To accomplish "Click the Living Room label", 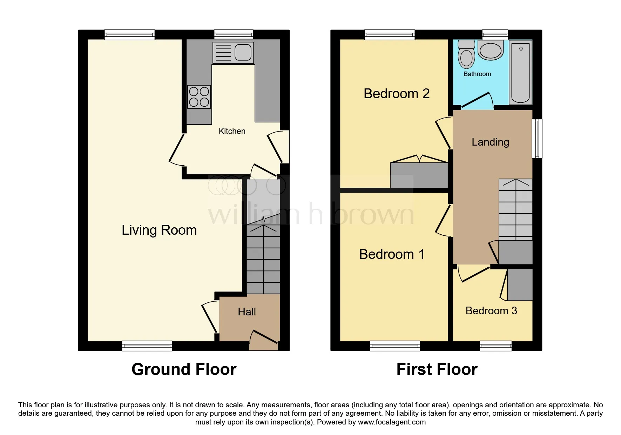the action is tap(159, 230).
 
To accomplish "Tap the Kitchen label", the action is tap(232, 131).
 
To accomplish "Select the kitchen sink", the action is tap(233, 53).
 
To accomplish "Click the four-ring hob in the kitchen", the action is tap(199, 97).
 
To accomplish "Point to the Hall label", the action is tap(247, 312).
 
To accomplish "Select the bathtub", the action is tap(521, 72).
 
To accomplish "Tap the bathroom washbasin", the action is tap(491, 50).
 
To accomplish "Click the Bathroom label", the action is tap(477, 74).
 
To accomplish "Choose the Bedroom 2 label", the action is tap(397, 94).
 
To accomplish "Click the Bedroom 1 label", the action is tap(392, 254).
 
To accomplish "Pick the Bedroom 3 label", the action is tap(491, 311).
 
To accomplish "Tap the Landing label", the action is tap(490, 142).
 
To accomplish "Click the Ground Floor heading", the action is tap(184, 369).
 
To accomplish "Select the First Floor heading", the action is tap(437, 369).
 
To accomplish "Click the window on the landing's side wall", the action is tap(537, 139).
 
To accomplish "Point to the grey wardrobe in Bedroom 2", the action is tap(419, 175).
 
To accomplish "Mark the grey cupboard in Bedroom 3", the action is tap(520, 285).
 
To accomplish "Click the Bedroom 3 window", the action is tap(495, 346).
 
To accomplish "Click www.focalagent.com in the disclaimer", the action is tap(392, 422).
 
